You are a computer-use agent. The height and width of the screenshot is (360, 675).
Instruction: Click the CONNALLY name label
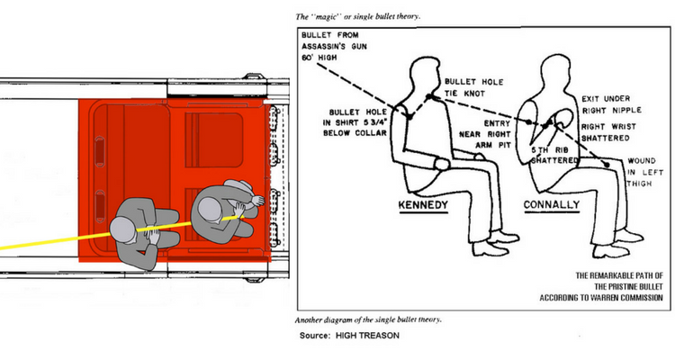(549, 206)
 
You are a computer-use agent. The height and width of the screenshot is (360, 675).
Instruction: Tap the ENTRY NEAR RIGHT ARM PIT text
(476, 130)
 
